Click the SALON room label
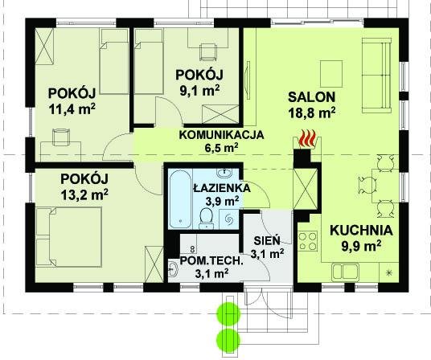pyautogui.click(x=311, y=97)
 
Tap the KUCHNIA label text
pyautogui.click(x=361, y=231)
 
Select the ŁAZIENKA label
pyautogui.click(x=222, y=188)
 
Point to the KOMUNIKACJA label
pyautogui.click(x=221, y=135)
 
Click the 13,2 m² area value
pyautogui.click(x=84, y=194)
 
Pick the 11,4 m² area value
pyautogui.click(x=72, y=109)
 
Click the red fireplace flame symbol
pyautogui.click(x=307, y=139)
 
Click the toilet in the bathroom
pyautogui.click(x=206, y=218)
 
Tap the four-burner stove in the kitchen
pyautogui.click(x=308, y=241)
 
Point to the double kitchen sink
pyautogui.click(x=345, y=272)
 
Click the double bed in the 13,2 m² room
pyautogui.click(x=68, y=237)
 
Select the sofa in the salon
pyautogui.click(x=376, y=76)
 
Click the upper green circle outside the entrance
pyautogui.click(x=228, y=313)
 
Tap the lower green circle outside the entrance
pyautogui.click(x=228, y=341)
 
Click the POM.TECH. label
pyautogui.click(x=211, y=260)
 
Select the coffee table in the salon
pyautogui.click(x=331, y=74)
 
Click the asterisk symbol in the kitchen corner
pyautogui.click(x=388, y=272)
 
